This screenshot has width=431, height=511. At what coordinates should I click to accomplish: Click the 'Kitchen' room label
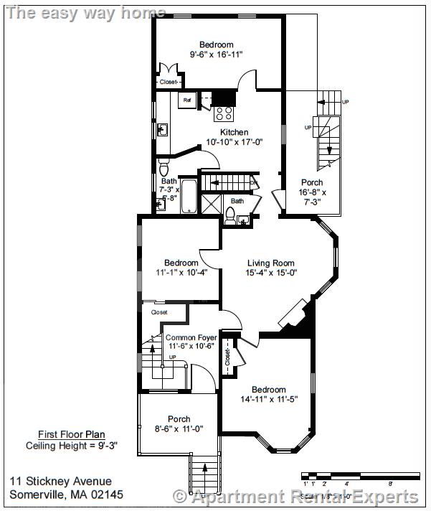coord(234,132)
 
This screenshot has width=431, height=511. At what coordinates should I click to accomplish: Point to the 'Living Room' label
coord(271,263)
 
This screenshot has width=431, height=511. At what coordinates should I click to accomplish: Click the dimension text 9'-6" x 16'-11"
coord(216,54)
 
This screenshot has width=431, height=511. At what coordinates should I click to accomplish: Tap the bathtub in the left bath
coord(189,197)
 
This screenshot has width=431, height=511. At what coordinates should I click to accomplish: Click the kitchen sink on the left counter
coord(163,129)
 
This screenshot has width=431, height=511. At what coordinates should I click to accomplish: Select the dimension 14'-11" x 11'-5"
coord(268,399)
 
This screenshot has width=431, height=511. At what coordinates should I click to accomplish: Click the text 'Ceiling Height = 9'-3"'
coord(72,445)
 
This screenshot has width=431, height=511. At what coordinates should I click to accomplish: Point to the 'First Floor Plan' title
coord(72,434)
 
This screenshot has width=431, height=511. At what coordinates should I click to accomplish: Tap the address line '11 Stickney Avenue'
coord(61,482)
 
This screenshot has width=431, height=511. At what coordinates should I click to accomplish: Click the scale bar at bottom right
coord(359,475)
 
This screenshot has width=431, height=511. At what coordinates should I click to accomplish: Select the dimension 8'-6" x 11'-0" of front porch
coord(179,428)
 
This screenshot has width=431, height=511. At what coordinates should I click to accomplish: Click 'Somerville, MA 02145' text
coord(67,494)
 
